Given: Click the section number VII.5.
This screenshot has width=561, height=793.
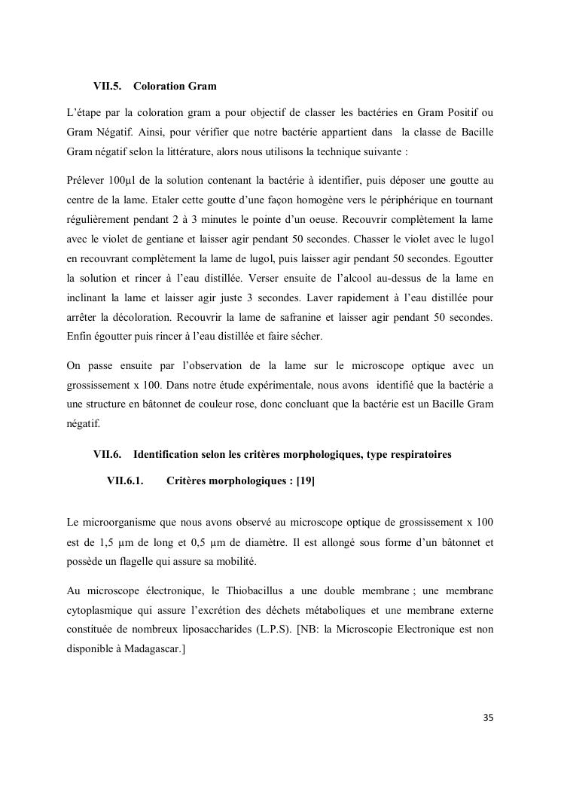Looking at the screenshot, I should (x=107, y=87).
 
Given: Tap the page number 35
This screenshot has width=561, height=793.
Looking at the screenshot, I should (x=488, y=718).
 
